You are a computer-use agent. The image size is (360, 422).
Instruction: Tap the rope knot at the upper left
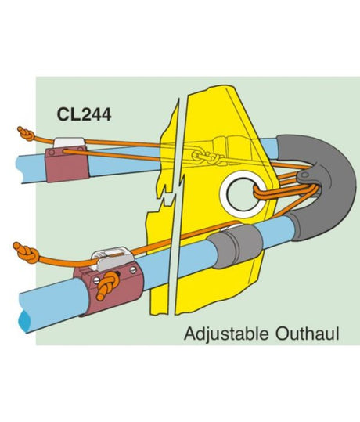coord(26,135)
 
